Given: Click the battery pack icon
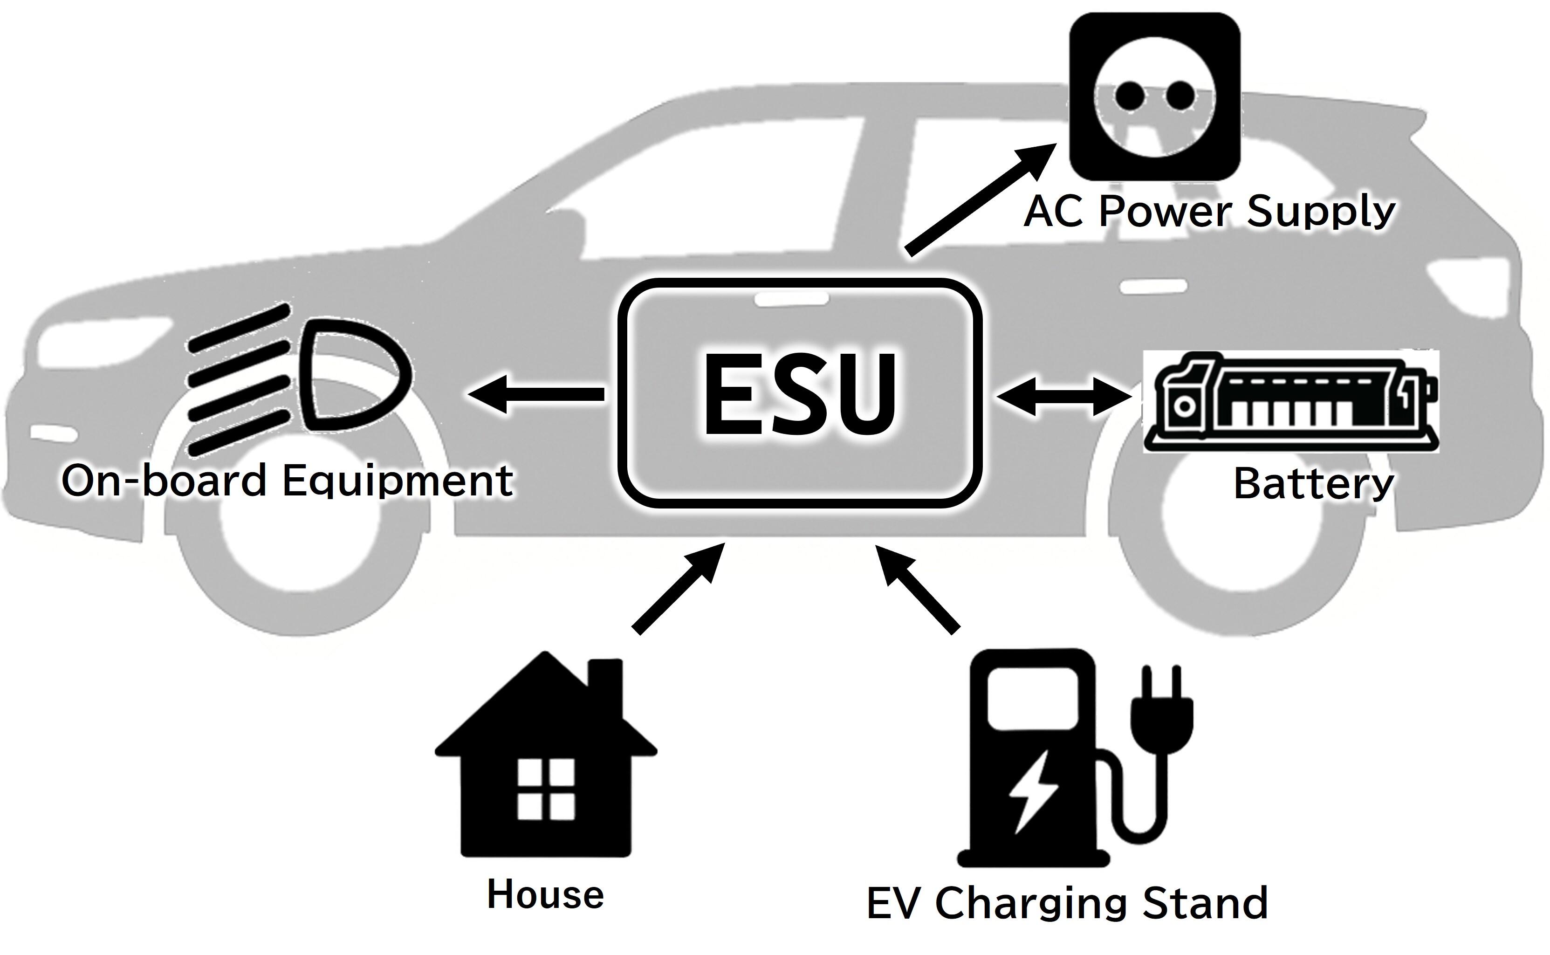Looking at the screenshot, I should pos(1292,402).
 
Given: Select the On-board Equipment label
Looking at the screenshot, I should pos(287,481).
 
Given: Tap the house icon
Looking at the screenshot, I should pos(546,758).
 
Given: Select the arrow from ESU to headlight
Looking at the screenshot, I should pos(537,394).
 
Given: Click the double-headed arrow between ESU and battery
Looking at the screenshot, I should pos(1064,397).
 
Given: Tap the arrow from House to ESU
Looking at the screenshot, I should pos(679,587).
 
